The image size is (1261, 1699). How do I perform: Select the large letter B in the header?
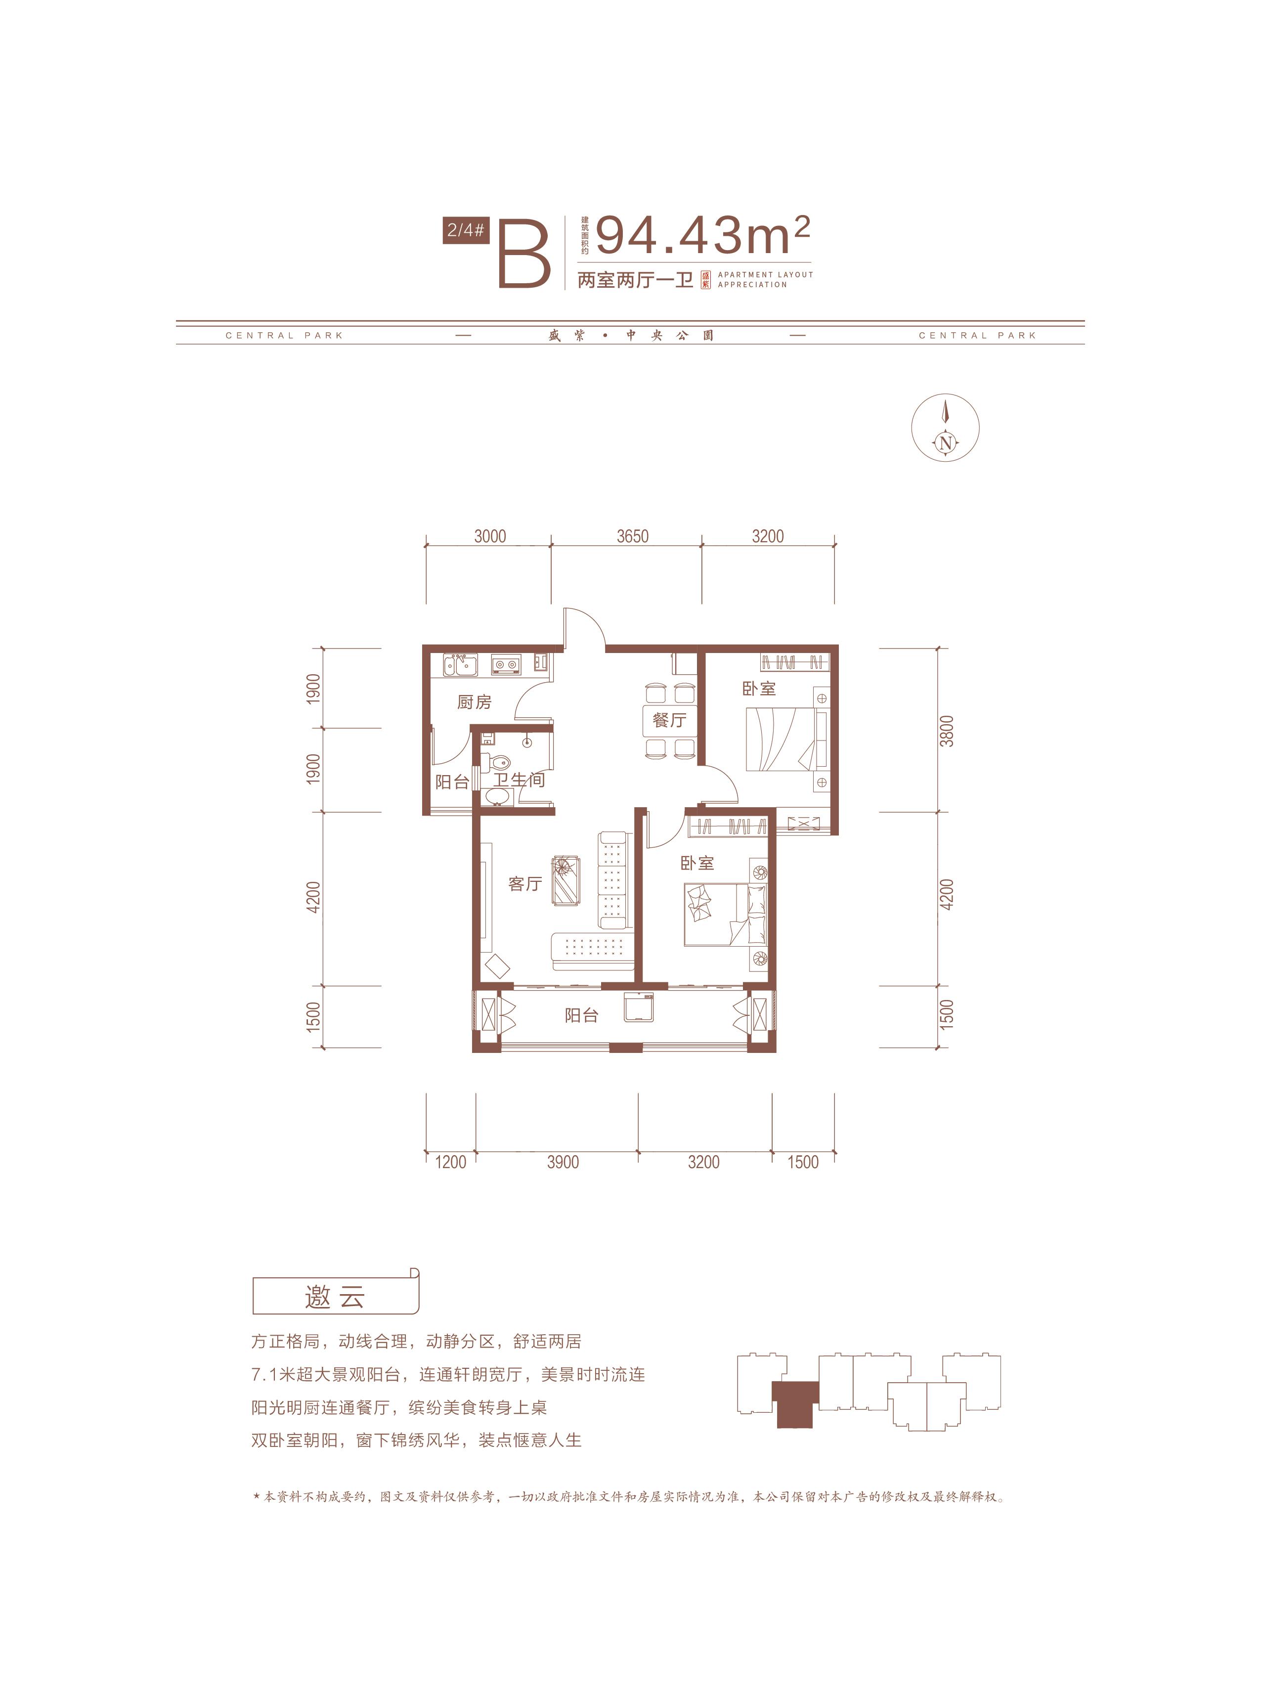(524, 254)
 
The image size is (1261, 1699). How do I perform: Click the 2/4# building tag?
(466, 230)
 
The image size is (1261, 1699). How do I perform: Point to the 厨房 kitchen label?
(474, 701)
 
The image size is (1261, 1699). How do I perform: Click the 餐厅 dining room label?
(669, 720)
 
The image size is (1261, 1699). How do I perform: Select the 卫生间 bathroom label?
(519, 780)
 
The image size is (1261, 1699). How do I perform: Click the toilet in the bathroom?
(498, 762)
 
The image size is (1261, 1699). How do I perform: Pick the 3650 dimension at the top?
(633, 536)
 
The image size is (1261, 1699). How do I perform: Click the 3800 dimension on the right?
(947, 731)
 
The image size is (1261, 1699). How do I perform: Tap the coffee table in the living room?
(565, 881)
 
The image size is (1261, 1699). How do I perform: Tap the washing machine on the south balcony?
(638, 1007)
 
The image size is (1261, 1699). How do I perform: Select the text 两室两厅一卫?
(635, 280)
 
